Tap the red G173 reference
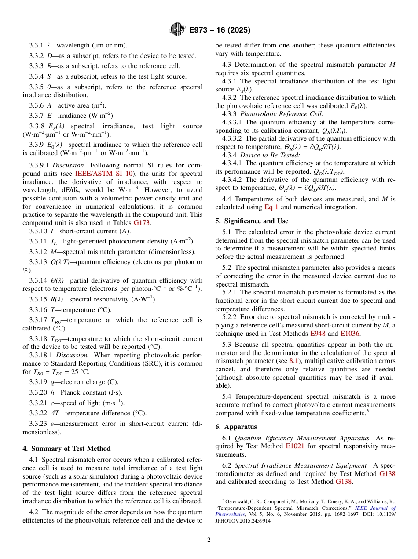(x=142, y=223)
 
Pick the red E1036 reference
(x=350, y=334)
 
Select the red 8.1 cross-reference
(x=293, y=361)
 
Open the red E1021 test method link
(x=296, y=446)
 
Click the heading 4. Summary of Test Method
(x=66, y=449)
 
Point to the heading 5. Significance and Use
(x=252, y=221)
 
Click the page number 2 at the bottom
(x=209, y=540)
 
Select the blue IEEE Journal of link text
(x=375, y=508)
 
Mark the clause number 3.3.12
(x=38, y=252)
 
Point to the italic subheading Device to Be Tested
(x=270, y=155)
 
